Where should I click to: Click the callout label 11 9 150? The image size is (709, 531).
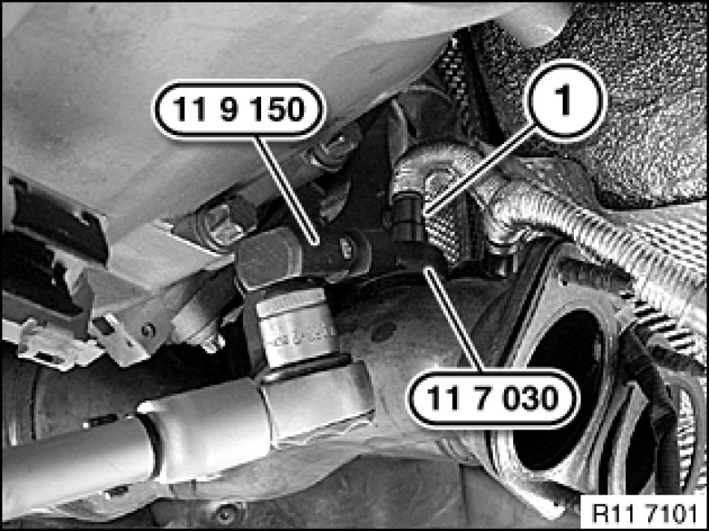[239, 110]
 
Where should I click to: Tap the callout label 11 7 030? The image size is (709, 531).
[494, 398]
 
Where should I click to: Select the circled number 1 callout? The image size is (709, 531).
[565, 100]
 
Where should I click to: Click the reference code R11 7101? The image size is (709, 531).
[643, 513]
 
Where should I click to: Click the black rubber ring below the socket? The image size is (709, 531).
[303, 368]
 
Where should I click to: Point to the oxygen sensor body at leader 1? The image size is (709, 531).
[408, 216]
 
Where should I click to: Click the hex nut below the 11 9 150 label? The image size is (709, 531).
[332, 150]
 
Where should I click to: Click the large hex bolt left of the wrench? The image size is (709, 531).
[217, 223]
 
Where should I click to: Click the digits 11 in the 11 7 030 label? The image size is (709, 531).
[441, 398]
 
